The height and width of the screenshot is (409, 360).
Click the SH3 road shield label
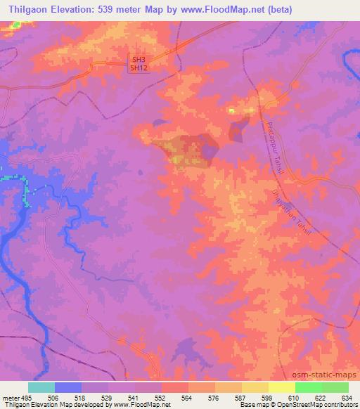(x=138, y=60)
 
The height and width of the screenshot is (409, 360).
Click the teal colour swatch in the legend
(x=41, y=387)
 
